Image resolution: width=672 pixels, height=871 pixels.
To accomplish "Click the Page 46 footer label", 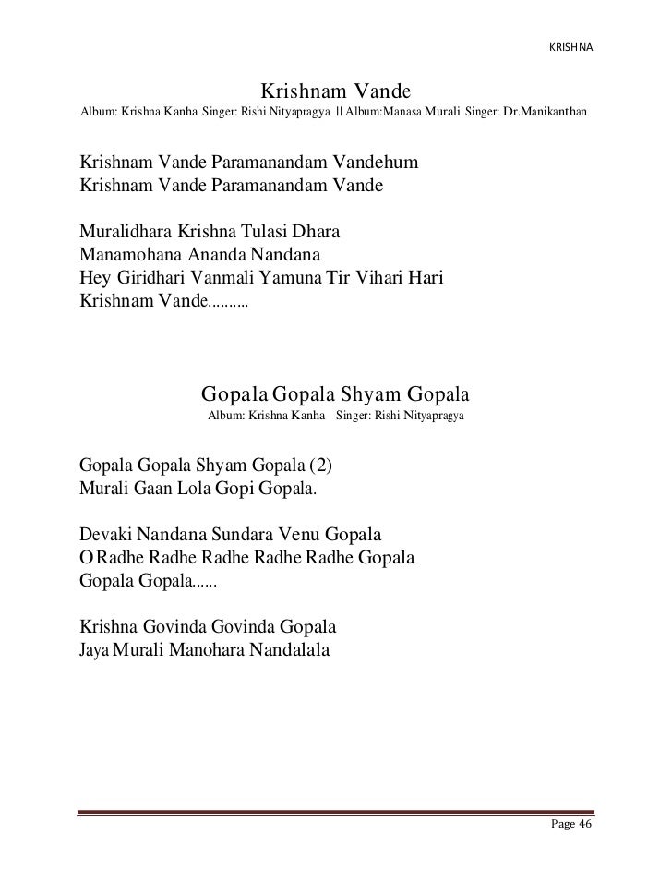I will pos(570,825).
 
